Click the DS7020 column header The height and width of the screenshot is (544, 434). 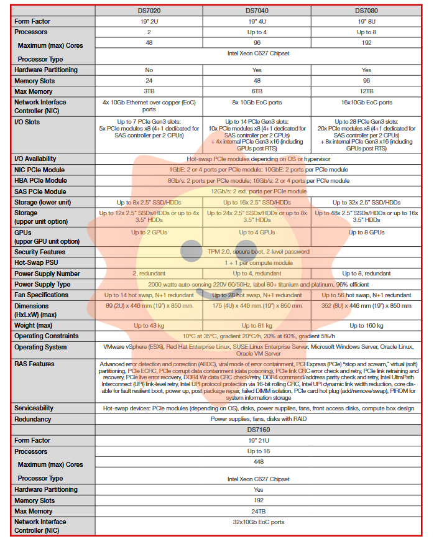(149, 11)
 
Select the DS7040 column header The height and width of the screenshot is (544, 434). (257, 11)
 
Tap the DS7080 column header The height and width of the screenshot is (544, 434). (366, 11)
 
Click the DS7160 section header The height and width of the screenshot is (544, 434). (257, 430)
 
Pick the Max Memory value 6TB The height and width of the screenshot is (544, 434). (257, 91)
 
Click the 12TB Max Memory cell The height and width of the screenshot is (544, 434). (366, 91)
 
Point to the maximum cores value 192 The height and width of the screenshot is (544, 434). (366, 43)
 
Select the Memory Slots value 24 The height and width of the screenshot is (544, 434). (149, 81)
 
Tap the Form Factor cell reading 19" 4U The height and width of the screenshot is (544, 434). (257, 21)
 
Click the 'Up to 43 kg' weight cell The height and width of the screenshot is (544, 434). (149, 326)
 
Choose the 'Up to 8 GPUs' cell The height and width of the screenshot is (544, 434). (366, 233)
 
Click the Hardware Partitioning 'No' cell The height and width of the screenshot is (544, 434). (149, 70)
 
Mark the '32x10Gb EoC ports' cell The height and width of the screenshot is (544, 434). (257, 522)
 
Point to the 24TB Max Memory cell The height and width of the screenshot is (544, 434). (257, 512)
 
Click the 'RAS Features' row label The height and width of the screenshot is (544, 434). (34, 364)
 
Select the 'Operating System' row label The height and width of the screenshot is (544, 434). (40, 348)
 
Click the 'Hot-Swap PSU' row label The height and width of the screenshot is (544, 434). (39, 263)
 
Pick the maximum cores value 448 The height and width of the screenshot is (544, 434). (257, 462)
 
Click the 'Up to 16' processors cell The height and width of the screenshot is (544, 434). (257, 451)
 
